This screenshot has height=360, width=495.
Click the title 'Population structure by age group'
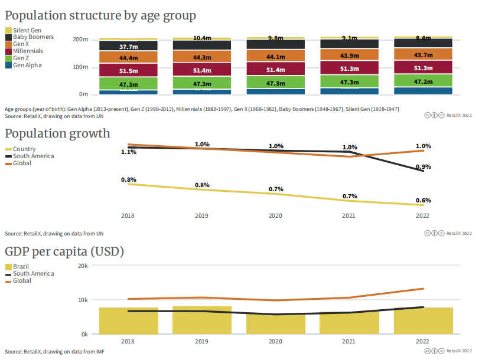pos(100,15)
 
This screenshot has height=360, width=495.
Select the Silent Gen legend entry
pos(25,30)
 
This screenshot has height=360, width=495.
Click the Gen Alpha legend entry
pos(27,66)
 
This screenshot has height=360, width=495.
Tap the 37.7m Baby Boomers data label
pos(128,47)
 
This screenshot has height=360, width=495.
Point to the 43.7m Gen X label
pos(424,55)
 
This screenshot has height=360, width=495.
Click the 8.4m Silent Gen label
pos(424,38)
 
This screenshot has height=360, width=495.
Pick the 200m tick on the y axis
pos(80,40)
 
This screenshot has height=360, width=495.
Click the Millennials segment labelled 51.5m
pos(128,71)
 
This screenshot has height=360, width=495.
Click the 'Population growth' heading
pos(57,133)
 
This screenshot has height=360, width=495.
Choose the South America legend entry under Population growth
pos(33,156)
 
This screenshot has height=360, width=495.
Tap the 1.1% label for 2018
pos(129,152)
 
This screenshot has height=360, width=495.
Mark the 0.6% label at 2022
pos(424,201)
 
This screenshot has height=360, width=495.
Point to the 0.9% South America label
pos(424,167)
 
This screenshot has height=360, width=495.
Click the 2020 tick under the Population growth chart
pos(275,216)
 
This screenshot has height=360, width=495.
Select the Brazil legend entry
pos(21,267)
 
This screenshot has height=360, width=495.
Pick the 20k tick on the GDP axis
pos(83,266)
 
